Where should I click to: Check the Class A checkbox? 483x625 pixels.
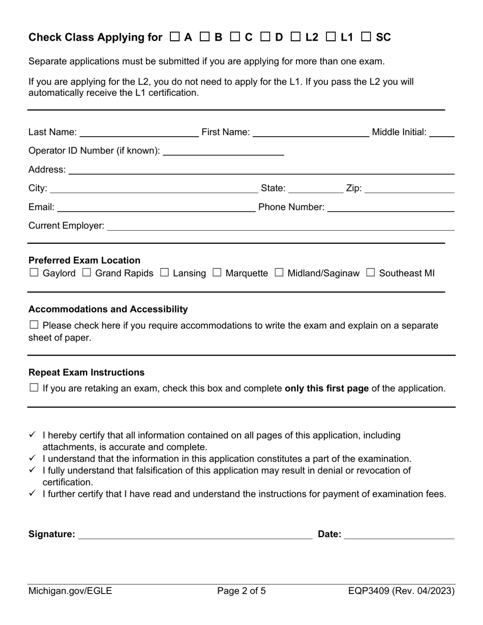pyautogui.click(x=174, y=37)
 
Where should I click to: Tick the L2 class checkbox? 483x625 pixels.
pyautogui.click(x=295, y=37)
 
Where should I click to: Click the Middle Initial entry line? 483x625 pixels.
pyautogui.click(x=441, y=133)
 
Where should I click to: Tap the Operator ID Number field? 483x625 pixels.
pyautogui.click(x=223, y=151)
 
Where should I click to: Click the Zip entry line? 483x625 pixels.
pyautogui.click(x=409, y=189)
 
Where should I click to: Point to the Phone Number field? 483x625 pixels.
pyautogui.click(x=390, y=207)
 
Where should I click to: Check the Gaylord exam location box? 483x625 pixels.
pyautogui.click(x=34, y=273)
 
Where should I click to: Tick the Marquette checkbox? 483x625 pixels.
pyautogui.click(x=217, y=273)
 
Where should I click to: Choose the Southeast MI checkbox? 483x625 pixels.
pyautogui.click(x=371, y=273)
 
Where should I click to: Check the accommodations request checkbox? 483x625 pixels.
pyautogui.click(x=34, y=325)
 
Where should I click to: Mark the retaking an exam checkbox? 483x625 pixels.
pyautogui.click(x=34, y=388)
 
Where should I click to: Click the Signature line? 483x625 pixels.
pyautogui.click(x=195, y=535)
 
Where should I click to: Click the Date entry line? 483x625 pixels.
pyautogui.click(x=399, y=535)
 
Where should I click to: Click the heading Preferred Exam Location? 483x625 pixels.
pyautogui.click(x=84, y=260)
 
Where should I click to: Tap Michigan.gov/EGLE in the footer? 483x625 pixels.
pyautogui.click(x=70, y=591)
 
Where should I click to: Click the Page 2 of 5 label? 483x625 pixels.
pyautogui.click(x=242, y=591)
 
